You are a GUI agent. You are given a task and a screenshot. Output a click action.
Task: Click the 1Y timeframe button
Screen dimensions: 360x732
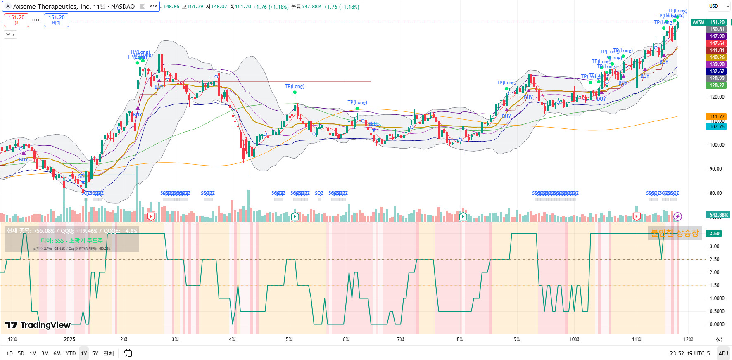84,353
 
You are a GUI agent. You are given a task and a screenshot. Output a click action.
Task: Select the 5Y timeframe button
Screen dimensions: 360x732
95,353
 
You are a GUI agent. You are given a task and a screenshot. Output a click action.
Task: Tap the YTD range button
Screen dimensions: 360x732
71,353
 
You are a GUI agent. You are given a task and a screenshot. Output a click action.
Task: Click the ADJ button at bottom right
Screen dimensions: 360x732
723,353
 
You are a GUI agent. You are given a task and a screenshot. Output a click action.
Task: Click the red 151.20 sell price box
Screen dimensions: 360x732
17,20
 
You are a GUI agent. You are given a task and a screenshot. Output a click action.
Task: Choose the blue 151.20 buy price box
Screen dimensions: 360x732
57,20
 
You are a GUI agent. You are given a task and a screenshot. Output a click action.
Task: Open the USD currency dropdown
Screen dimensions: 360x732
719,6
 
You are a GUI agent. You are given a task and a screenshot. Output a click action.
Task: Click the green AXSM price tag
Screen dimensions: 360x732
699,22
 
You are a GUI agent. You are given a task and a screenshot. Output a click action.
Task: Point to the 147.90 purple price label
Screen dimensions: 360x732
717,36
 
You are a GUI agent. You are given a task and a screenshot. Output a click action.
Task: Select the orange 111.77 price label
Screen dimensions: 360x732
717,117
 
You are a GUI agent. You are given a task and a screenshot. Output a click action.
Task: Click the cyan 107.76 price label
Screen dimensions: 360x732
717,127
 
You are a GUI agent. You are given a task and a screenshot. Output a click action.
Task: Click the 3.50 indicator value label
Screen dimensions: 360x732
715,234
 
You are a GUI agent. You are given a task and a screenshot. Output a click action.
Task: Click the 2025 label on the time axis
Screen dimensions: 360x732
69,339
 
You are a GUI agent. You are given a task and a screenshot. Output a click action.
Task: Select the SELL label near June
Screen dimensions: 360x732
373,124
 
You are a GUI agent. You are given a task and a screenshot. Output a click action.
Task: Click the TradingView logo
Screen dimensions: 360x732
38,325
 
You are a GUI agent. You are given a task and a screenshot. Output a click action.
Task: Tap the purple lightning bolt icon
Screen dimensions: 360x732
677,216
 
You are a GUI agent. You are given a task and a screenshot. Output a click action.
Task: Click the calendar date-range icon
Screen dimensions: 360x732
128,353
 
